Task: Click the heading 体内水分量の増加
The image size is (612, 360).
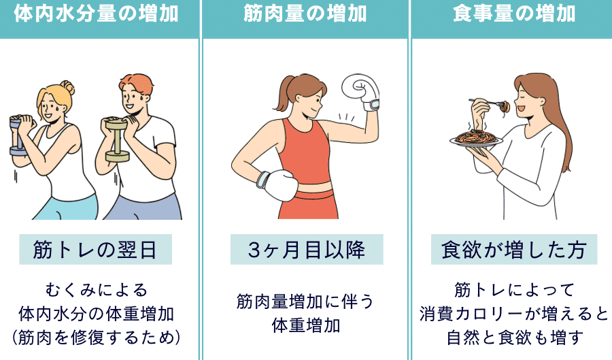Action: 96,14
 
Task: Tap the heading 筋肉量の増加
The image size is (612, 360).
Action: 305,14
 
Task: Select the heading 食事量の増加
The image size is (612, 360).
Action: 514,14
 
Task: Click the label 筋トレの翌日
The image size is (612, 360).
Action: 95,250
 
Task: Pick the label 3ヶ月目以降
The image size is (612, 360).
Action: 307,250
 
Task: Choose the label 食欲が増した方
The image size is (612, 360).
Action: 514,250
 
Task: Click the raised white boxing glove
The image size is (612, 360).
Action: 361,92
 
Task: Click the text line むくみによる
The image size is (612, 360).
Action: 97,291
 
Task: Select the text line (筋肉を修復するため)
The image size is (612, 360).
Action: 97,338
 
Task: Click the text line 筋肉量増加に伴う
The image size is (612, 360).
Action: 305,302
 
